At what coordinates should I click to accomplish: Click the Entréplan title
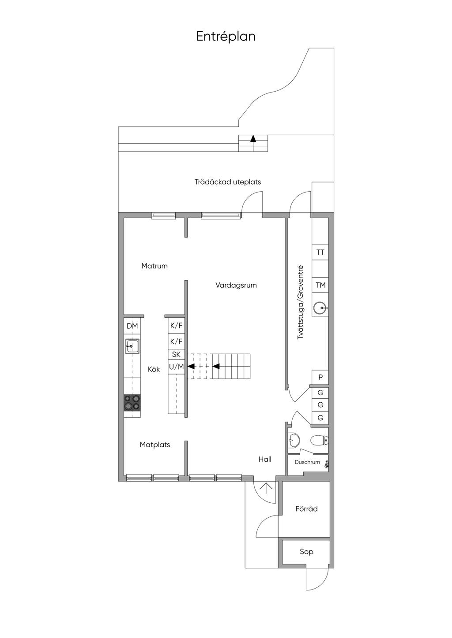(226, 37)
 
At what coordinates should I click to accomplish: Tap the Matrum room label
(154, 266)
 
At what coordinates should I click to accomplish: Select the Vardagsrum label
(236, 285)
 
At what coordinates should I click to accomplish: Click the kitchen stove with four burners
(132, 402)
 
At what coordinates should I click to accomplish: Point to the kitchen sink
(132, 346)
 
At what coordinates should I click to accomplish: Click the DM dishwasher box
(132, 326)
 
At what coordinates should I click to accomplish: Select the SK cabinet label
(177, 354)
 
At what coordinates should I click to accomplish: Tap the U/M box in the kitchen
(177, 367)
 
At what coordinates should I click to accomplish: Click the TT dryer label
(320, 252)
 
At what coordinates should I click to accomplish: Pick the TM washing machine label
(321, 285)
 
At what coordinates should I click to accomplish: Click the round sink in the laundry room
(320, 308)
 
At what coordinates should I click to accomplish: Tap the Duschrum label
(307, 462)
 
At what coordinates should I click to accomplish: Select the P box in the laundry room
(320, 378)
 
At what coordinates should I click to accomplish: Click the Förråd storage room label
(306, 509)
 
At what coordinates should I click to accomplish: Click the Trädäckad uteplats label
(228, 182)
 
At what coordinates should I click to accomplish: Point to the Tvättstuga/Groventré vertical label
(300, 302)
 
